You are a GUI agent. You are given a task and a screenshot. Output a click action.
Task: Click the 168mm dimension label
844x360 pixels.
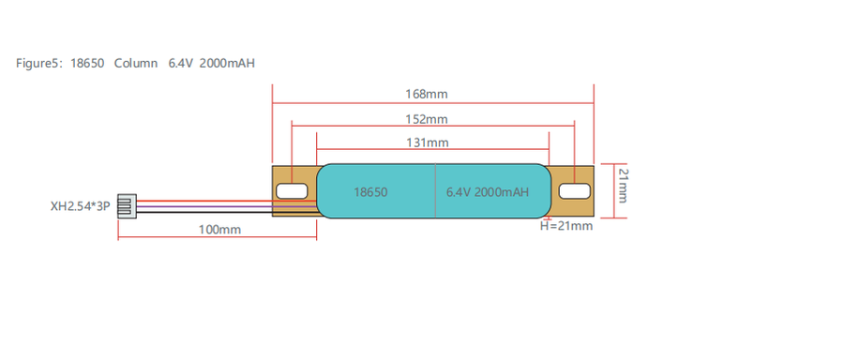pyautogui.click(x=427, y=94)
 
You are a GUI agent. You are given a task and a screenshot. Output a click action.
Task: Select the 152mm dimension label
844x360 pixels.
pyautogui.click(x=427, y=119)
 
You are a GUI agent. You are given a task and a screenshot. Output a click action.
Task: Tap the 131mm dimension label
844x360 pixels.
pyautogui.click(x=427, y=142)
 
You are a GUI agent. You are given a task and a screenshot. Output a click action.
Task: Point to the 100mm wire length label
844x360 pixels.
pyautogui.click(x=219, y=230)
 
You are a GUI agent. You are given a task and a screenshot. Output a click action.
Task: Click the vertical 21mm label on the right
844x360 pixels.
pyautogui.click(x=623, y=186)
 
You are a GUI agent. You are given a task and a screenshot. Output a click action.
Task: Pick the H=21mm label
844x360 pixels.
pyautogui.click(x=566, y=226)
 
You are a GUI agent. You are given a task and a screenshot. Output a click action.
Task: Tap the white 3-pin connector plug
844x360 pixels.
pyautogui.click(x=127, y=206)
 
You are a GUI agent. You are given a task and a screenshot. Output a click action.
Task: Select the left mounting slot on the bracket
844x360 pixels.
pyautogui.click(x=292, y=190)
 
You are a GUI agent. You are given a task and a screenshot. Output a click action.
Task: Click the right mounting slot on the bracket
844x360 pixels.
pyautogui.click(x=574, y=190)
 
